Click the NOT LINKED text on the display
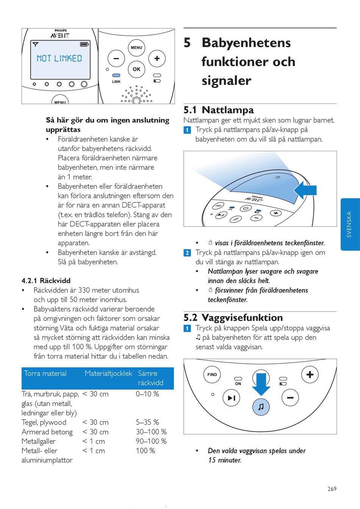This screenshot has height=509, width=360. point(59,58)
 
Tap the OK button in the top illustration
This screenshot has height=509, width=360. point(136,69)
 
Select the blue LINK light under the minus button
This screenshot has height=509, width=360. point(116,75)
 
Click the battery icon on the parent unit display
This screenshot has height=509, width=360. point(84,44)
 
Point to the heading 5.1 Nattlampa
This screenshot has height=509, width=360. point(219,110)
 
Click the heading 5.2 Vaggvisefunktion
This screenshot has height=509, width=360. point(233,318)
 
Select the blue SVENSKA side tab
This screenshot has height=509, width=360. point(350,224)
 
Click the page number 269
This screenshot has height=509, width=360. point(332,489)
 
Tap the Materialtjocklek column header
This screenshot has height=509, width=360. point(108,373)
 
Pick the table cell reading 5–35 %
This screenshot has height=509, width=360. point(147,422)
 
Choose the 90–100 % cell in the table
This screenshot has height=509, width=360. point(151,441)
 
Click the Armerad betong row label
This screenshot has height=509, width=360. point(47,432)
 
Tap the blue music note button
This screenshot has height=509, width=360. point(261,407)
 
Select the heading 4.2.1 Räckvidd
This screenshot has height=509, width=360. point(46,280)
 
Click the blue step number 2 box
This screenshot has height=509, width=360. point(187,253)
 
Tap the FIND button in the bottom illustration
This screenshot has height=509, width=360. point(212,374)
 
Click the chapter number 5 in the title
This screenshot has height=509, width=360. point(187,42)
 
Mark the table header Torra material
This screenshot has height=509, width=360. point(45,373)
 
